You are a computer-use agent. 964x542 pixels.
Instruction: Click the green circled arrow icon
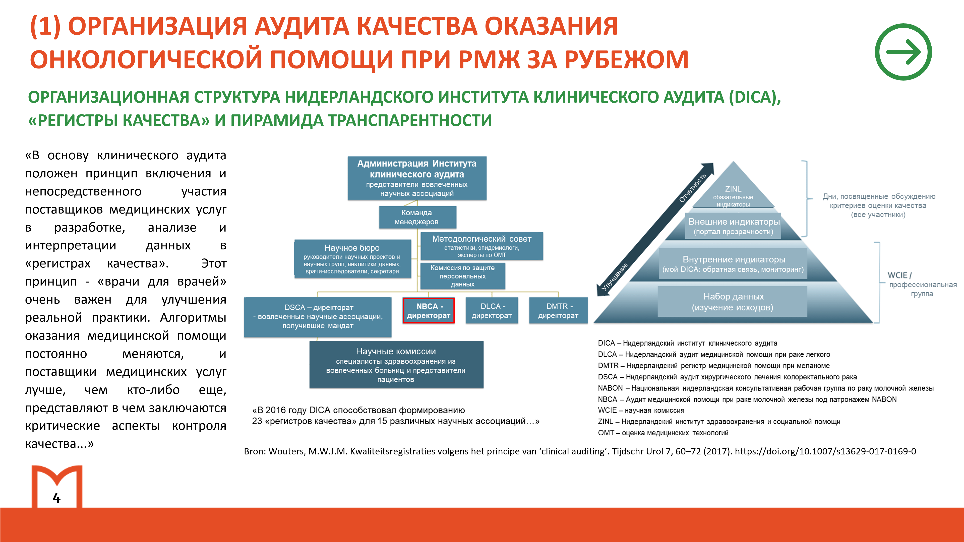903,52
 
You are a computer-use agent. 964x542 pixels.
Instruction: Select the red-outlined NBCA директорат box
429,310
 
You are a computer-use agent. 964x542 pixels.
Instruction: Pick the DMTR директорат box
558,310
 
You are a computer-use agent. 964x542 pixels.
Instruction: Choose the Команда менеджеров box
417,217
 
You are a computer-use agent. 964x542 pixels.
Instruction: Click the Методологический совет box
482,246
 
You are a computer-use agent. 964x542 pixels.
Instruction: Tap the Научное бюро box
352,259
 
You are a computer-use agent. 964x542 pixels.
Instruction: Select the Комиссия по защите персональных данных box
462,276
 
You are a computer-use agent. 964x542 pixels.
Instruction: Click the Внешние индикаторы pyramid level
734,226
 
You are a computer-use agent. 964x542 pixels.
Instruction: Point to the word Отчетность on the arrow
692,187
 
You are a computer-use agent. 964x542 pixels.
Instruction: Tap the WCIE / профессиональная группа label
922,284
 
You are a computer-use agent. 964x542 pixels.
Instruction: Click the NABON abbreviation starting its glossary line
610,388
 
